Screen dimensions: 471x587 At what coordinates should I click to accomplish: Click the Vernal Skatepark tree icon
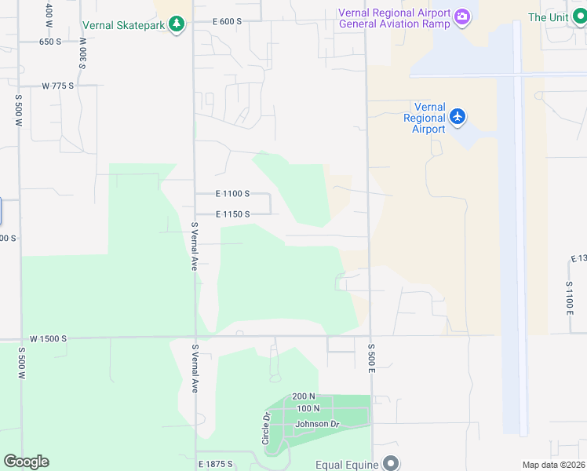coord(177,24)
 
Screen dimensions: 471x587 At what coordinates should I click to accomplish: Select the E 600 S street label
coord(227,22)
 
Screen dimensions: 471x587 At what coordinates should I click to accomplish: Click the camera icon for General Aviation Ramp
coord(462,16)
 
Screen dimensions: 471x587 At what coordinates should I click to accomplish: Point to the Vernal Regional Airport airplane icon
coord(458,118)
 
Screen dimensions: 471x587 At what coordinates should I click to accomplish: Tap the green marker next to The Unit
coord(578,16)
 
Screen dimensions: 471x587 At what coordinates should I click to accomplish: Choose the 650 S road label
coord(50,42)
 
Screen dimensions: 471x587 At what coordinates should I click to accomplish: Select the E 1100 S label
coord(232,193)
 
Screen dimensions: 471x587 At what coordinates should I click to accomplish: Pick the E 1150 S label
coord(232,214)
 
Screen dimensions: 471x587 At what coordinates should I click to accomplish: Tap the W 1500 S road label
coord(49,338)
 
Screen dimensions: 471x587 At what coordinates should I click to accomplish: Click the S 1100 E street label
coord(570,297)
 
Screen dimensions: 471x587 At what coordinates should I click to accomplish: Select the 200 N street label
coord(303,396)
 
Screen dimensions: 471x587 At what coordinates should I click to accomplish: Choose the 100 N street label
coord(308,409)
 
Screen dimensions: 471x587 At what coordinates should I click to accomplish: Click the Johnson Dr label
coord(316,425)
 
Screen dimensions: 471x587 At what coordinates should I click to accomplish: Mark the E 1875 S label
coord(215,464)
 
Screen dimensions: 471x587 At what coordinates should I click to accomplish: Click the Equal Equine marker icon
coord(390,464)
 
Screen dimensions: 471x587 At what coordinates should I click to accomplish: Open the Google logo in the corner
coord(26,462)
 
